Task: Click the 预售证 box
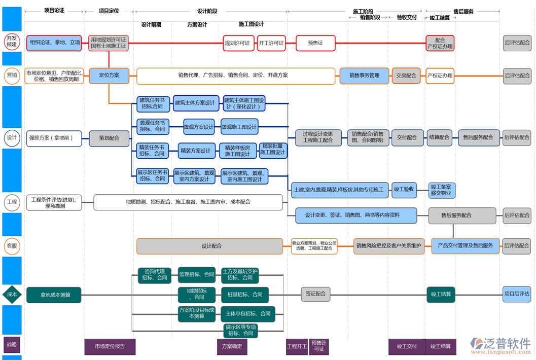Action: tap(315, 43)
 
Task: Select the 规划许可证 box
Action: tap(238, 43)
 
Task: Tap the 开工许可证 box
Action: tap(271, 43)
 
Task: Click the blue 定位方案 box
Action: tap(109, 76)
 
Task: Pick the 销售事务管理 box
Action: tap(364, 76)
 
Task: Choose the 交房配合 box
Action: tap(406, 76)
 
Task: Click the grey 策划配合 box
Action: tap(109, 138)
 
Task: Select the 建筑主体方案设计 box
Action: tap(195, 103)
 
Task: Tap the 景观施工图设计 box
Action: tap(239, 126)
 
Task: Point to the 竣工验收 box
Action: tap(404, 190)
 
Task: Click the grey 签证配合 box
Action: tap(315, 294)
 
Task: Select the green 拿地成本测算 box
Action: tap(54, 295)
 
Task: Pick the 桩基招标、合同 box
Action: tap(244, 295)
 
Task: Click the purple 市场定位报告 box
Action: tap(110, 347)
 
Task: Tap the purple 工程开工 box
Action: tap(297, 347)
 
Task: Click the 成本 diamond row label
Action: tap(12, 294)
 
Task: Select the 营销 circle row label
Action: tap(12, 76)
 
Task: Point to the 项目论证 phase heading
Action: tap(54, 11)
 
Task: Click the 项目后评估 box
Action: tap(516, 294)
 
